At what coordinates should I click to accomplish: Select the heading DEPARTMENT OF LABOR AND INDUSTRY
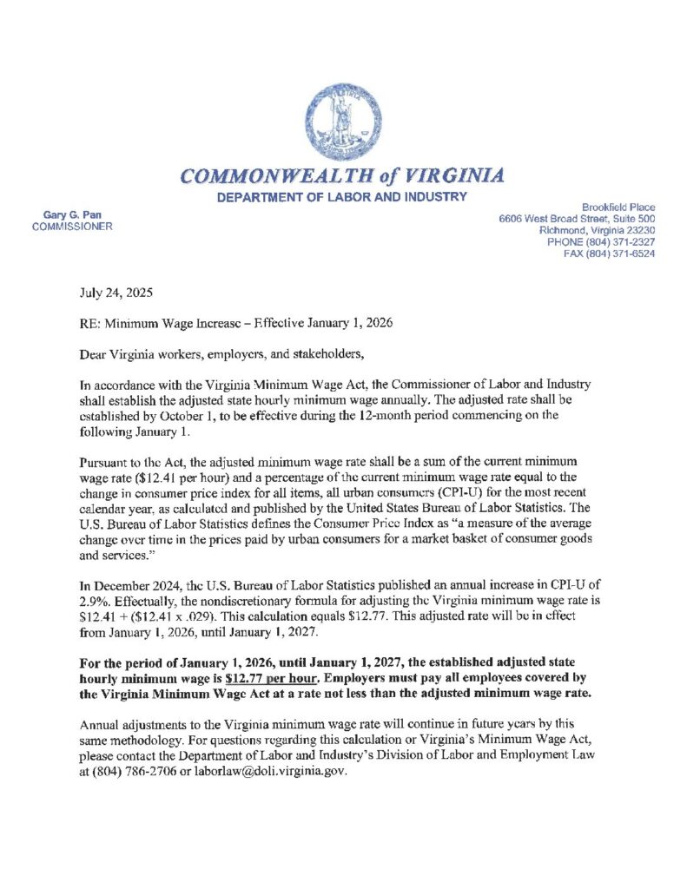point(342,199)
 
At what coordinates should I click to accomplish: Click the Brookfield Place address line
point(618,207)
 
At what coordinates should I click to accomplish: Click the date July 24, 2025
point(116,294)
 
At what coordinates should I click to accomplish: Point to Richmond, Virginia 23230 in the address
point(597,230)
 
